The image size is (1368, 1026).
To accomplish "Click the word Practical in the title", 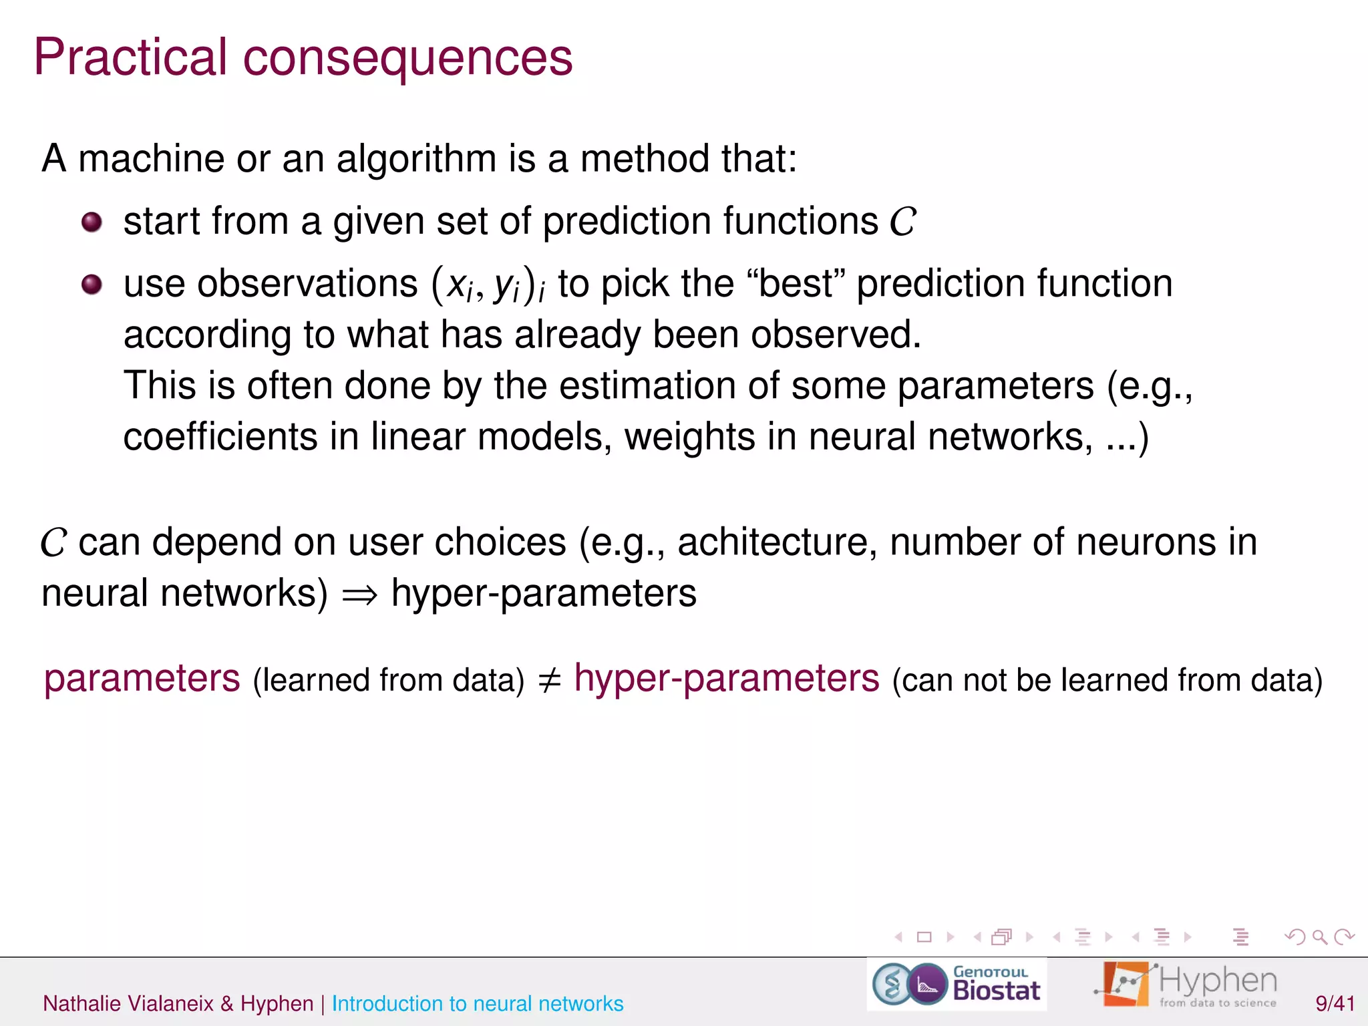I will [x=131, y=57].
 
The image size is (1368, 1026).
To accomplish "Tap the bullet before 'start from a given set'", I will [x=92, y=222].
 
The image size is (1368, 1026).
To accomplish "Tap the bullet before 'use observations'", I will [x=92, y=285].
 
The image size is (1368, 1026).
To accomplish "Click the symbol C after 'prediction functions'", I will [x=902, y=222].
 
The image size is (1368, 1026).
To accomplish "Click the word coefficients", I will [x=220, y=437].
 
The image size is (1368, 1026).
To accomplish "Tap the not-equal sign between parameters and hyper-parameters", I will [x=549, y=680].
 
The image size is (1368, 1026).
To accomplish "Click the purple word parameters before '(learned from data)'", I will [x=142, y=679].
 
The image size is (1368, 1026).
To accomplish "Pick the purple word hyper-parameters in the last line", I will [x=727, y=679].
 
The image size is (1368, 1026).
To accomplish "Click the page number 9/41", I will [x=1335, y=1003].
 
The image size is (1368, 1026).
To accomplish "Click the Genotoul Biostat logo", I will [x=957, y=985].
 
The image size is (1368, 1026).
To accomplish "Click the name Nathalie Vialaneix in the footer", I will [x=128, y=1003].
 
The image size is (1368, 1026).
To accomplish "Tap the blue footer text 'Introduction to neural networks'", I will [x=478, y=1003].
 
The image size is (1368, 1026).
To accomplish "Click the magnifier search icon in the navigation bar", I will [x=1319, y=937].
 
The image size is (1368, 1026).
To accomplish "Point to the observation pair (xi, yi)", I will [x=488, y=285].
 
